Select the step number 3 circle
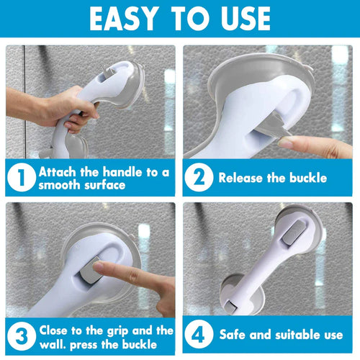(21, 336)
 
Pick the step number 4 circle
(199, 336)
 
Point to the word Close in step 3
(56, 330)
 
